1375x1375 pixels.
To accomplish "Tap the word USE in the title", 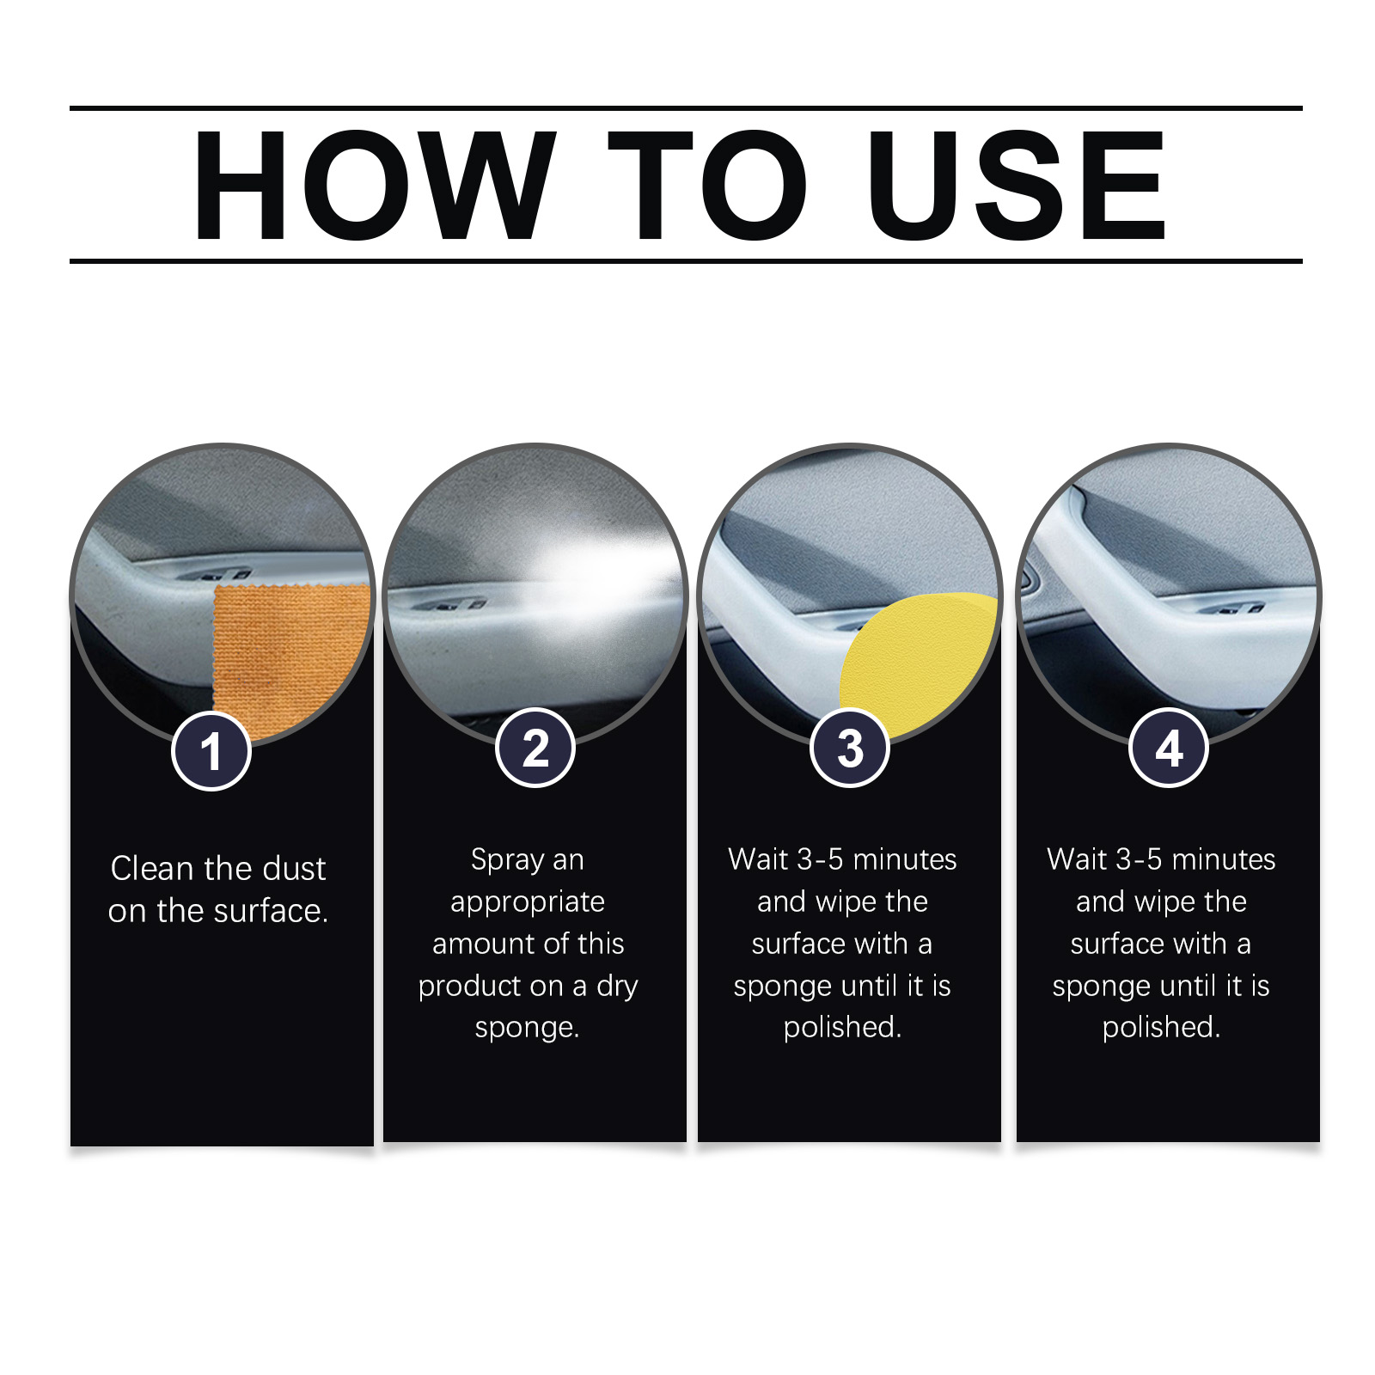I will pos(1017,185).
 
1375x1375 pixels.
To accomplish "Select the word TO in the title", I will pos(706,185).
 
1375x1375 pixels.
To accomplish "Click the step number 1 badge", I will pos(211,751).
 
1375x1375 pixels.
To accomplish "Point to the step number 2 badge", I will pos(535,748).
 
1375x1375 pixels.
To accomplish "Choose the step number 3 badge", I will pos(850,748).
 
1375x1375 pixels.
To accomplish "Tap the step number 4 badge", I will pos(1169,748).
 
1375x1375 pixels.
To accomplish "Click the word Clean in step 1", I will pos(151,869).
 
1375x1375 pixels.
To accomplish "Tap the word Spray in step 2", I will pos(507,860).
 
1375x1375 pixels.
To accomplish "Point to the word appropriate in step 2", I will pos(528,902).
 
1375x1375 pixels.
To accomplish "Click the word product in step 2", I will pos(471,987).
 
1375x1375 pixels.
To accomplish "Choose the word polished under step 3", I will pos(841,1028).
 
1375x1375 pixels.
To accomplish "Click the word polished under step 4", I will pos(1160,1028).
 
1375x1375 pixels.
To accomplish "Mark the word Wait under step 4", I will pos(1077,859).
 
